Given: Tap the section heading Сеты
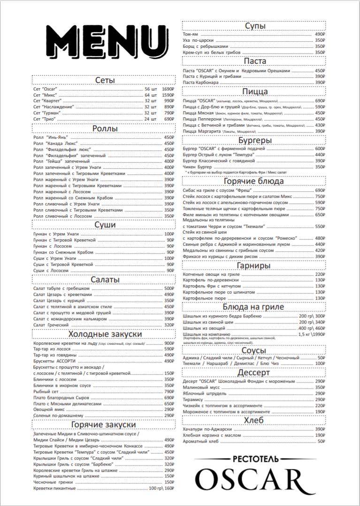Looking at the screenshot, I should (x=105, y=80).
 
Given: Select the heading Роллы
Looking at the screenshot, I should (x=105, y=129).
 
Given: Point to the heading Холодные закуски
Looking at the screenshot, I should (x=105, y=334).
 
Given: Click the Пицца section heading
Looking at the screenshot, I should (x=255, y=91).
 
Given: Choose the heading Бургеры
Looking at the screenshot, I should (x=255, y=140).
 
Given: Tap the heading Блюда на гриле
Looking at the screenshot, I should (x=255, y=307).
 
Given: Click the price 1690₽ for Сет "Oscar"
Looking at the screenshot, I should (x=168, y=89).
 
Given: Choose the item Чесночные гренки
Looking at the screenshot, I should (x=53, y=482).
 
